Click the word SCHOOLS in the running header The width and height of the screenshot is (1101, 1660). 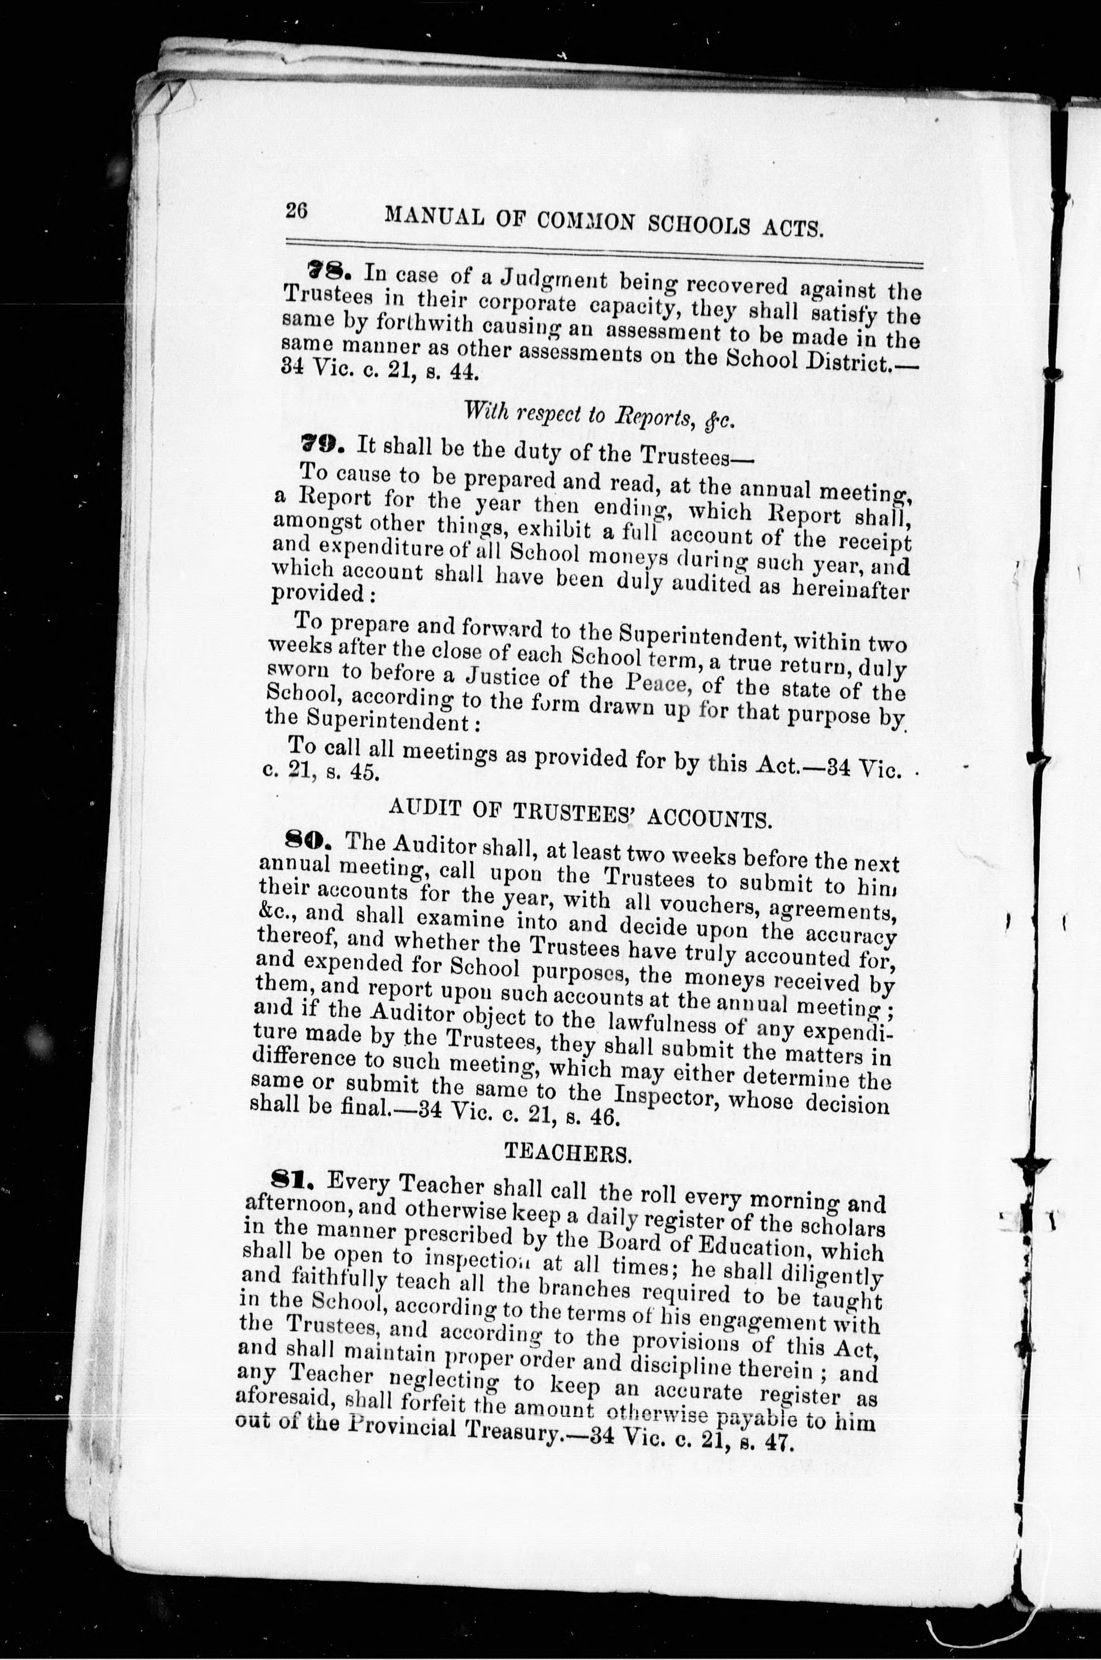697,225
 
